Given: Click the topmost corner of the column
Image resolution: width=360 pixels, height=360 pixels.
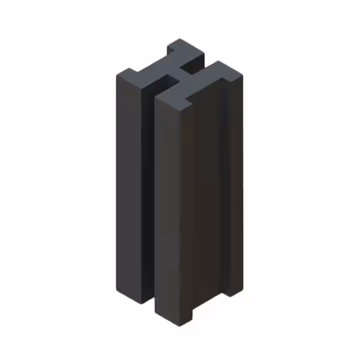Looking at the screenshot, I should coord(180,39).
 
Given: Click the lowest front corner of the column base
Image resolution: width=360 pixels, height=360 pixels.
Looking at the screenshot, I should coord(181,326).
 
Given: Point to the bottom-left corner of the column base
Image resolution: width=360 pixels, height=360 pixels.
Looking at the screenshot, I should coord(118,290).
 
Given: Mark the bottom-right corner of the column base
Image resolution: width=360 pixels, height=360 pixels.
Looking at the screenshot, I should coord(242,290).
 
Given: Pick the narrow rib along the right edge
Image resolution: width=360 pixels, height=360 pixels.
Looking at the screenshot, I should coord(236,186).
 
